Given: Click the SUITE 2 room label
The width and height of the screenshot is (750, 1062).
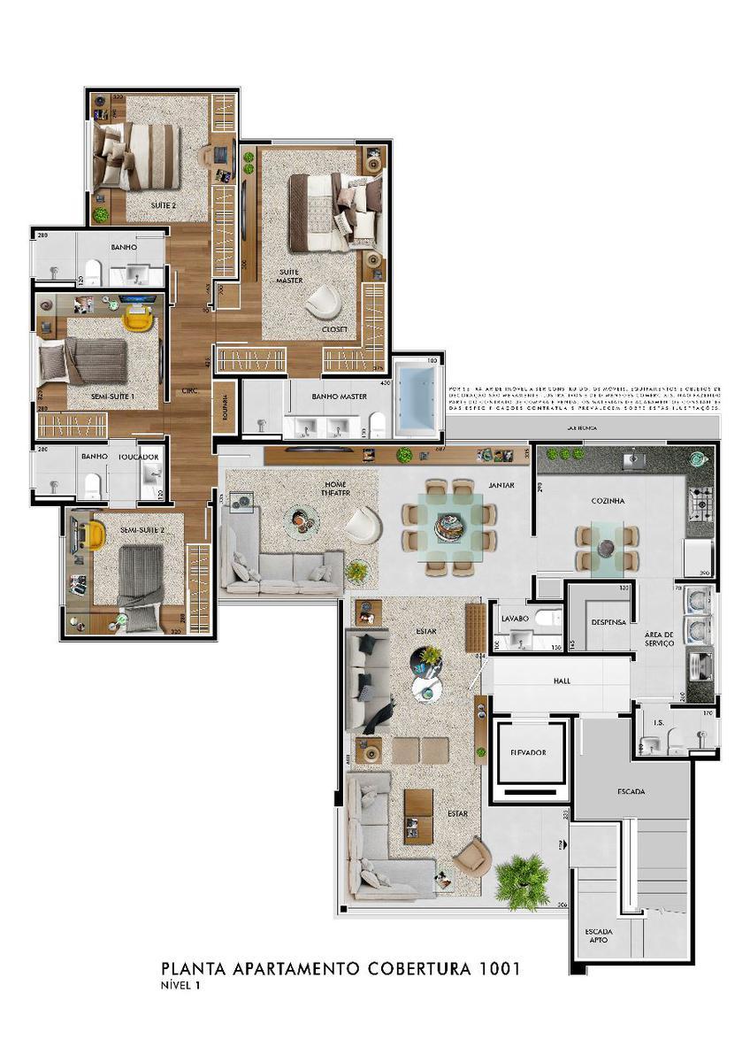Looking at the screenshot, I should (x=164, y=204).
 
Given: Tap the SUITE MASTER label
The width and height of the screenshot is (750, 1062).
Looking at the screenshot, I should (x=290, y=275).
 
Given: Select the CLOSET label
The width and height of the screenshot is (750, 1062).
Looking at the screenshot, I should (x=336, y=329).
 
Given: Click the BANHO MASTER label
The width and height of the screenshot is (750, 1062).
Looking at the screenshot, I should (x=327, y=397).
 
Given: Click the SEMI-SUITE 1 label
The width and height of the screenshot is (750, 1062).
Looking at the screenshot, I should (x=112, y=397).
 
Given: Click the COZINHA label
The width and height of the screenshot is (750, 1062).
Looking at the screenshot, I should (x=608, y=501).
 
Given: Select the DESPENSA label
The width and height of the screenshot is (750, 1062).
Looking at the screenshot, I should (x=608, y=622).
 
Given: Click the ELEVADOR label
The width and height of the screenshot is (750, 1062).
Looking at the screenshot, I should (x=529, y=752).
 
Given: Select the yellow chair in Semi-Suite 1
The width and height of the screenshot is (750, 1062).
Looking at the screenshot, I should (x=136, y=318).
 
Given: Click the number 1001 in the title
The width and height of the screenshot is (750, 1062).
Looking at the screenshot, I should (x=497, y=969).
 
